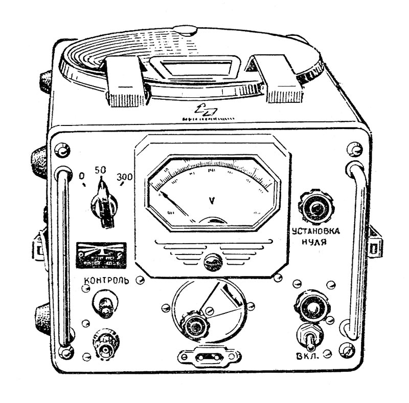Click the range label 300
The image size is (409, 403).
pos(124,177)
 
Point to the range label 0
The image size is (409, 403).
pos(82,176)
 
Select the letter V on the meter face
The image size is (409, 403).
pos(212,200)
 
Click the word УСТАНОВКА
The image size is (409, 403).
pos(315,231)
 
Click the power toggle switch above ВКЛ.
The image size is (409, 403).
pos(310,335)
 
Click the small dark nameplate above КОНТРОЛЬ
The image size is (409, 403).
pos(101,255)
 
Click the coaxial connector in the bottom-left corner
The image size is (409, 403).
pos(106,349)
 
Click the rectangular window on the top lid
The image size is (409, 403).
pos(195,69)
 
